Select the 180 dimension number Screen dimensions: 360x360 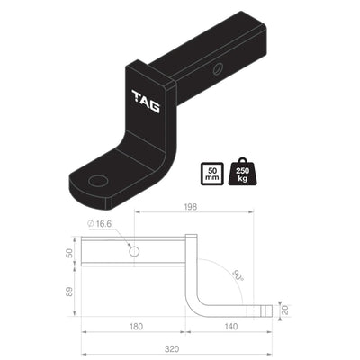(135, 328)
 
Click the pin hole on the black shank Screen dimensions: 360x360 (219, 69)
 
